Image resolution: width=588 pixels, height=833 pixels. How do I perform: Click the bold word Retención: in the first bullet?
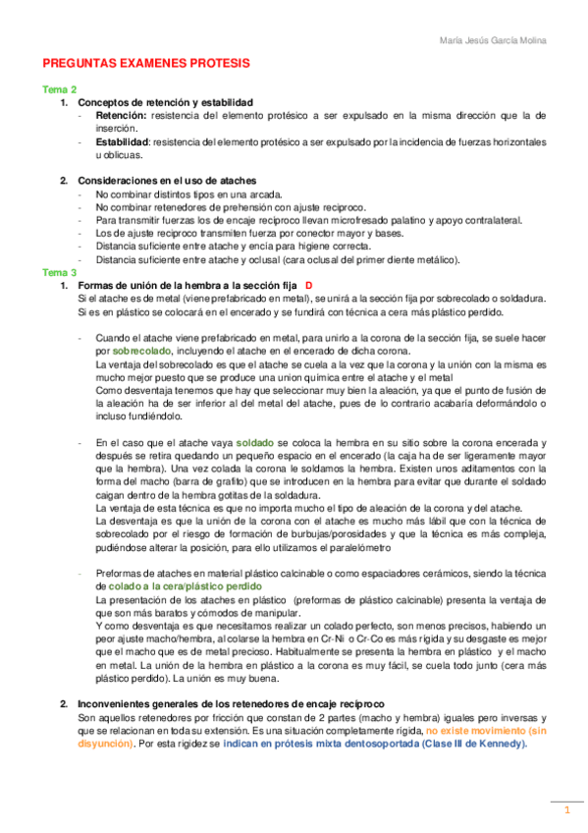(x=121, y=115)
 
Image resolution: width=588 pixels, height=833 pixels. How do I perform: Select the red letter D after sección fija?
(x=308, y=285)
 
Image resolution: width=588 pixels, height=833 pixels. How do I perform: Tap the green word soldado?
(x=257, y=443)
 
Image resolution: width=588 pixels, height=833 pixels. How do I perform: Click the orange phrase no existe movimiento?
(x=477, y=732)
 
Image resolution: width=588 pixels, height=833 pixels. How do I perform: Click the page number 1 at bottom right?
(x=565, y=810)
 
